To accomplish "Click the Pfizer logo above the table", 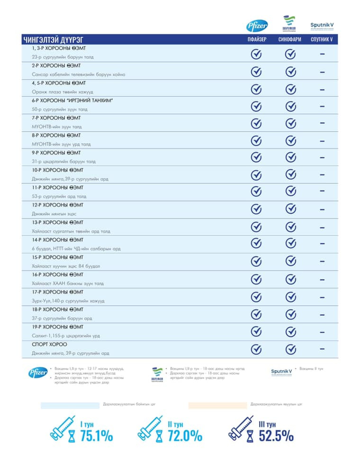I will (x=256, y=26).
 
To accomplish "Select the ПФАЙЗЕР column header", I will (x=256, y=40).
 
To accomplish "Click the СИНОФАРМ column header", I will (x=290, y=40).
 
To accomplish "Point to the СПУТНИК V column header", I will (x=322, y=40).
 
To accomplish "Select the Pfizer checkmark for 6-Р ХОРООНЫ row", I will (x=256, y=106).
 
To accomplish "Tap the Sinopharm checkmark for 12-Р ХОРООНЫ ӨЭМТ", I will (x=290, y=209).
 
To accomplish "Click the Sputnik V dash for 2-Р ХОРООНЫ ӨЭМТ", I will (x=322, y=72).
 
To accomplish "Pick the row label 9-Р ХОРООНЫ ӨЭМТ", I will (x=56, y=153).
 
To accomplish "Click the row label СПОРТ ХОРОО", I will (x=49, y=345).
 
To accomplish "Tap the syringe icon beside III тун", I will (x=242, y=428).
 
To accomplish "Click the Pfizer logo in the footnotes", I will (x=38, y=372).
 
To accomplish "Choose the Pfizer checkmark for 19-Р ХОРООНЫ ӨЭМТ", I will (x=256, y=331).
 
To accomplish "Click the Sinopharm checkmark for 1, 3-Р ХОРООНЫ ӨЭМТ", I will (x=290, y=55).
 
